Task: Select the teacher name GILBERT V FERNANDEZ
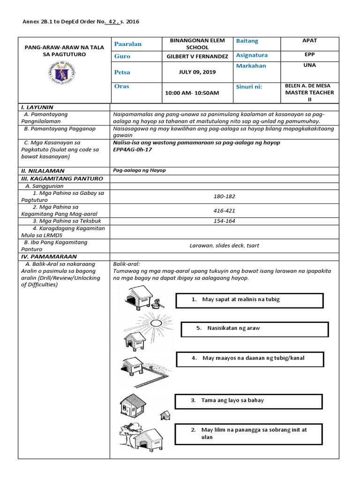pyautogui.click(x=197, y=56)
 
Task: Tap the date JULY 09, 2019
pyautogui.click(x=197, y=72)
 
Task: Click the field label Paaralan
pyautogui.click(x=128, y=44)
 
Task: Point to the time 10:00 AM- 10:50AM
pyautogui.click(x=192, y=93)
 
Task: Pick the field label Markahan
pyautogui.click(x=251, y=66)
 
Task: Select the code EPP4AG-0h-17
pyautogui.click(x=133, y=150)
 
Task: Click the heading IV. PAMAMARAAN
pyautogui.click(x=47, y=257)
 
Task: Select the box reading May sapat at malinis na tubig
pyautogui.click(x=249, y=300)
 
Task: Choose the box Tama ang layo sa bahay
pyautogui.click(x=248, y=401)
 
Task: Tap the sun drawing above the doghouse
pyautogui.click(x=155, y=323)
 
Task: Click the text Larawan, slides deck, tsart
pyautogui.click(x=224, y=245)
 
